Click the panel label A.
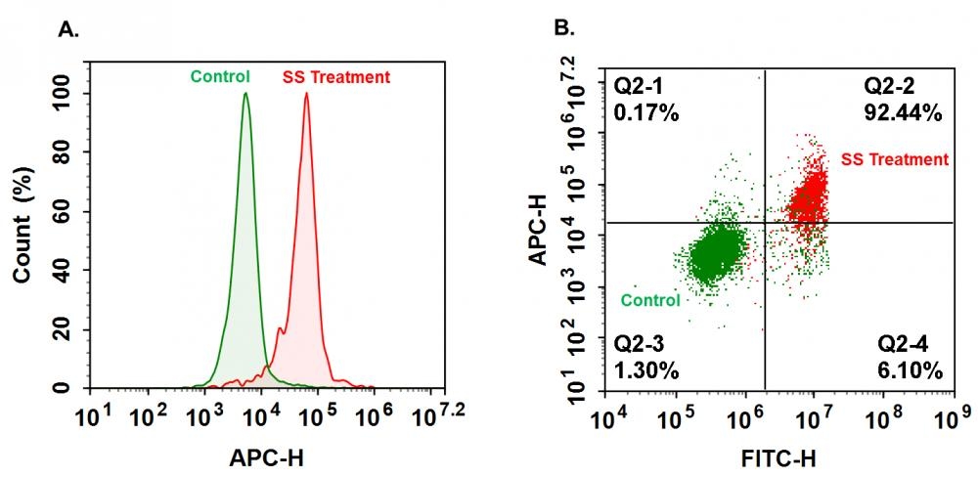pos(68,29)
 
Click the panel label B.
pos(564,29)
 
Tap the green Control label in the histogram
pos(220,76)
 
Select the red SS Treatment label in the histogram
pos(335,76)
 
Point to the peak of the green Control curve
pos(245,94)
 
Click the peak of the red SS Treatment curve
pos(306,94)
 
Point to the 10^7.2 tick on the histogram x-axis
pos(436,418)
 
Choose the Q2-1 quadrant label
pos(638,86)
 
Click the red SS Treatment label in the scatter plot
pos(894,159)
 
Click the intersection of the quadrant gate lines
pos(764,223)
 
